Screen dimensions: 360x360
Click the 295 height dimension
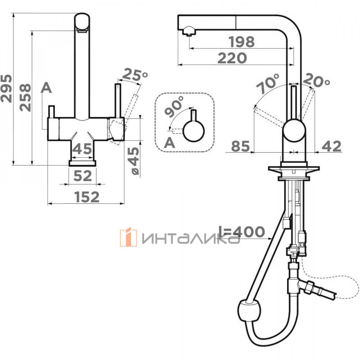(x=6, y=88)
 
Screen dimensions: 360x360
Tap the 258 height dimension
(x=25, y=97)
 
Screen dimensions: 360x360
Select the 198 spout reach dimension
(x=242, y=42)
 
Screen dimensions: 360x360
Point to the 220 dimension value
(x=232, y=58)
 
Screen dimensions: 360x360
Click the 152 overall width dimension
(x=87, y=197)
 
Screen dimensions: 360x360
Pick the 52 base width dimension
(x=83, y=176)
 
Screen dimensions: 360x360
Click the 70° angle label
(x=268, y=83)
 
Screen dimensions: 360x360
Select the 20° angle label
(x=316, y=80)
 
